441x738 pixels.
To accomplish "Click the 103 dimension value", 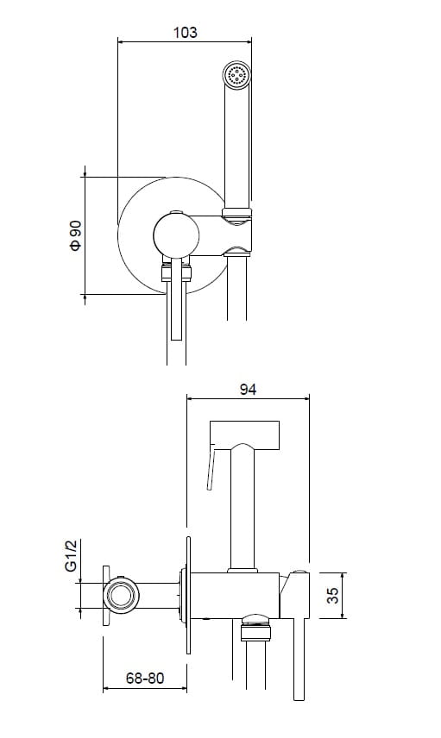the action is tap(186, 33).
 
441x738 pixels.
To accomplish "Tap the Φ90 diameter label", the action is tap(76, 236).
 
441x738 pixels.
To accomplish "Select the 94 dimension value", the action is tap(248, 390).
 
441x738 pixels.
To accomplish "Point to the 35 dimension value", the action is tap(332, 596).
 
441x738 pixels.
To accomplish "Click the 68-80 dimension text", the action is tap(145, 679).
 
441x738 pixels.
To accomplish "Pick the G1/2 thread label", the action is tap(71, 556).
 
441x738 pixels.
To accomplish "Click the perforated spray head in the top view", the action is tap(236, 75).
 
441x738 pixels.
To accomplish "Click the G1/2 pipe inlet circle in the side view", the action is tap(122, 596).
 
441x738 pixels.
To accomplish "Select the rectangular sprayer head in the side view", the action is tap(244, 435).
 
